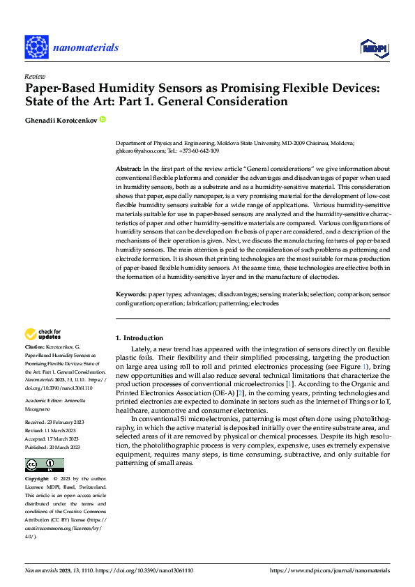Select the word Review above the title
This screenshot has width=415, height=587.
pos(34,77)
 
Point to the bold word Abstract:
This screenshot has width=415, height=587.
pos(128,169)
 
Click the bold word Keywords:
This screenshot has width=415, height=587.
pos(131,295)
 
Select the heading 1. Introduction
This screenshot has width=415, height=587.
pos(139,338)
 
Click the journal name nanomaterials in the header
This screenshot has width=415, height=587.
pos(87,47)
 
